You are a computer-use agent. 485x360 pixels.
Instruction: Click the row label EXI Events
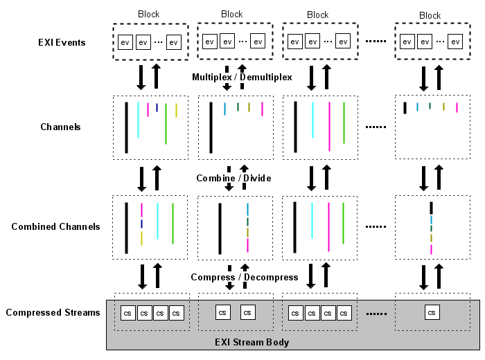click(x=62, y=42)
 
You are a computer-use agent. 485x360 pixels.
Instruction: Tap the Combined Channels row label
click(x=55, y=226)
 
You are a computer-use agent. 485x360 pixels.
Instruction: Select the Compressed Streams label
click(x=53, y=312)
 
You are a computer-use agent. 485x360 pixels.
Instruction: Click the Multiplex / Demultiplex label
click(x=242, y=77)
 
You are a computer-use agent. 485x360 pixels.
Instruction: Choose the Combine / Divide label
click(x=233, y=178)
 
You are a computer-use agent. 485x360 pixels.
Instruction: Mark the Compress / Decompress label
click(x=245, y=277)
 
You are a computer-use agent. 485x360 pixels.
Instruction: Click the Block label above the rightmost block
click(x=430, y=15)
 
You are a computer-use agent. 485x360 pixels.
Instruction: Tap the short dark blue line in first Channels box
click(x=157, y=107)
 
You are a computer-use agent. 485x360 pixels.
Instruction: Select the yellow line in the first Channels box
click(x=176, y=110)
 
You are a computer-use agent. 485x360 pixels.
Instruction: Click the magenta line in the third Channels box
click(x=329, y=127)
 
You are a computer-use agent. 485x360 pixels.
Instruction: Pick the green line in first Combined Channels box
click(x=173, y=223)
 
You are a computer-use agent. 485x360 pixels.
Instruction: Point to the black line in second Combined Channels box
click(x=220, y=228)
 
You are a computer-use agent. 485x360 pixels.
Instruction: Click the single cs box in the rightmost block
click(x=432, y=313)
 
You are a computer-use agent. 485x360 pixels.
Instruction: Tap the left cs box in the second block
click(x=222, y=312)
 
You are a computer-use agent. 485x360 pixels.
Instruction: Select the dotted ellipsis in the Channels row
click(x=375, y=127)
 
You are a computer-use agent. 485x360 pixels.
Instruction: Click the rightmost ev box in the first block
click(x=173, y=42)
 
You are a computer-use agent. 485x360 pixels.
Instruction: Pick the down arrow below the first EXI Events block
click(x=141, y=76)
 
